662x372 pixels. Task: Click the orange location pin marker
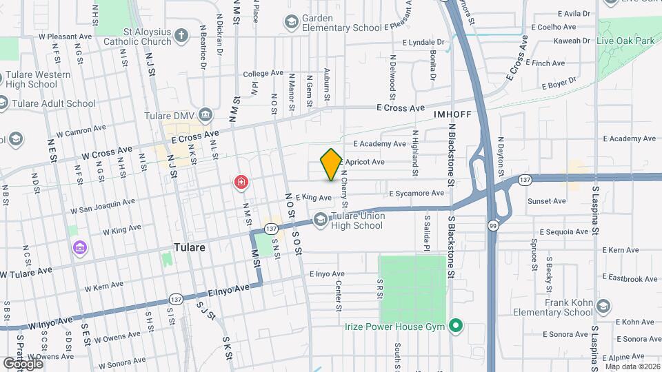[331, 164]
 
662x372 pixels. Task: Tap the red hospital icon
[241, 183]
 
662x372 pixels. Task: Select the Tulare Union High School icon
[320, 220]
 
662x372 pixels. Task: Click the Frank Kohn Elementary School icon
[603, 306]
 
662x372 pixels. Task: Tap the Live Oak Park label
[625, 41]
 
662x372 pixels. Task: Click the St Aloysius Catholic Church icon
[181, 36]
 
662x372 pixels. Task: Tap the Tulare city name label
[190, 247]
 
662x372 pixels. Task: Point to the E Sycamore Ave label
[417, 194]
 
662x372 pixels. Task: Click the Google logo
[23, 363]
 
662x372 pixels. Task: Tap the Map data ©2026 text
[632, 366]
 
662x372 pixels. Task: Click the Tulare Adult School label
[52, 104]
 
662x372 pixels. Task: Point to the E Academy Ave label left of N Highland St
[380, 144]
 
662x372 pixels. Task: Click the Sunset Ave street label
[546, 201]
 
